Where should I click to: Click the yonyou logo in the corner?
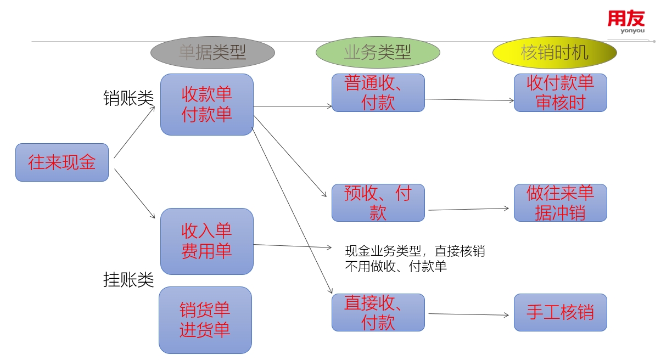626,22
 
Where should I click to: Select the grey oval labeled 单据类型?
212,53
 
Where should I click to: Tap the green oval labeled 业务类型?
378,53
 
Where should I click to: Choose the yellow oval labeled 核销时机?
554,53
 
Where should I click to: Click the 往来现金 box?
62,162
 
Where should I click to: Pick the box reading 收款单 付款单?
207,104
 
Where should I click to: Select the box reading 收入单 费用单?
207,241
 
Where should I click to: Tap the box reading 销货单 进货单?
205,320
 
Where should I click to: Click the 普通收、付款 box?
378,93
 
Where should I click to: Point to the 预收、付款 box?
378,203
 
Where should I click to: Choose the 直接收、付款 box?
378,312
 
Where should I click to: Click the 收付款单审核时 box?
561,93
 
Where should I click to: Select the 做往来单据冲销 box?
561,203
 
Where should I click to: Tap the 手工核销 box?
561,312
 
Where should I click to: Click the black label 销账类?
128,98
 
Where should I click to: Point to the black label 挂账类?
128,279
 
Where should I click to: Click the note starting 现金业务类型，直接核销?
414,258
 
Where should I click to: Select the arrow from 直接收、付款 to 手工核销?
469,314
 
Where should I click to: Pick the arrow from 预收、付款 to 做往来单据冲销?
469,209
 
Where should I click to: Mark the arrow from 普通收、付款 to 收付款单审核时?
469,100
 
